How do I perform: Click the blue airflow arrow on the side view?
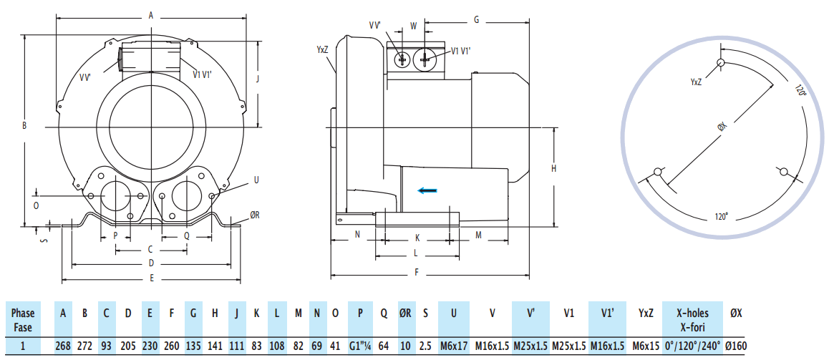(428, 190)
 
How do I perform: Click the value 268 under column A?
(63, 346)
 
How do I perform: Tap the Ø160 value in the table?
(735, 346)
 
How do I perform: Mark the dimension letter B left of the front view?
(24, 126)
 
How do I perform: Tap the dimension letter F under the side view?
(417, 272)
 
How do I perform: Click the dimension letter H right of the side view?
(554, 168)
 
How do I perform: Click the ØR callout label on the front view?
(255, 214)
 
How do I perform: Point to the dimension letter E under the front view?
(151, 277)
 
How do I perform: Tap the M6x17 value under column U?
(453, 346)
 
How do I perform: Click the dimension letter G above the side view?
(476, 19)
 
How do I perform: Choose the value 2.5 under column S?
(426, 346)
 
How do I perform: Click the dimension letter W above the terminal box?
(413, 26)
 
